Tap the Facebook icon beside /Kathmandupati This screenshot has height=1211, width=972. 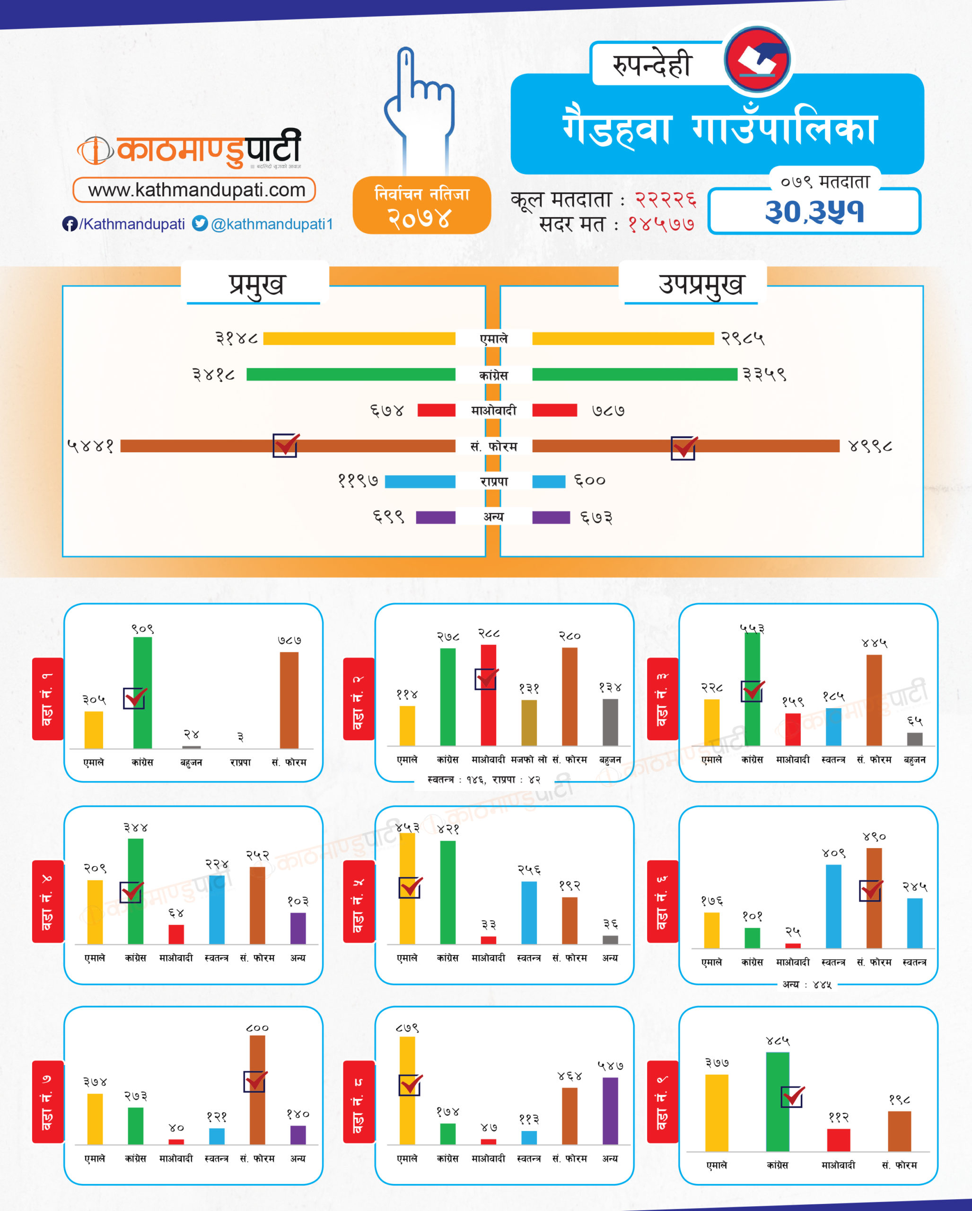coord(69,224)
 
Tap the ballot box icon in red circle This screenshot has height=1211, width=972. coord(757,60)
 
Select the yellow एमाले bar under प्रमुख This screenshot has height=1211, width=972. coord(359,339)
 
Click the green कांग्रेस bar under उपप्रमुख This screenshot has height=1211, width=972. coord(635,375)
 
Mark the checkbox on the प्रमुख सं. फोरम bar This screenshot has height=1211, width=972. coord(285,446)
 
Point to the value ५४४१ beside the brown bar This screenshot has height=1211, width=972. coord(90,447)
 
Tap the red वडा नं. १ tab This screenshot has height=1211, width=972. coord(48,699)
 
